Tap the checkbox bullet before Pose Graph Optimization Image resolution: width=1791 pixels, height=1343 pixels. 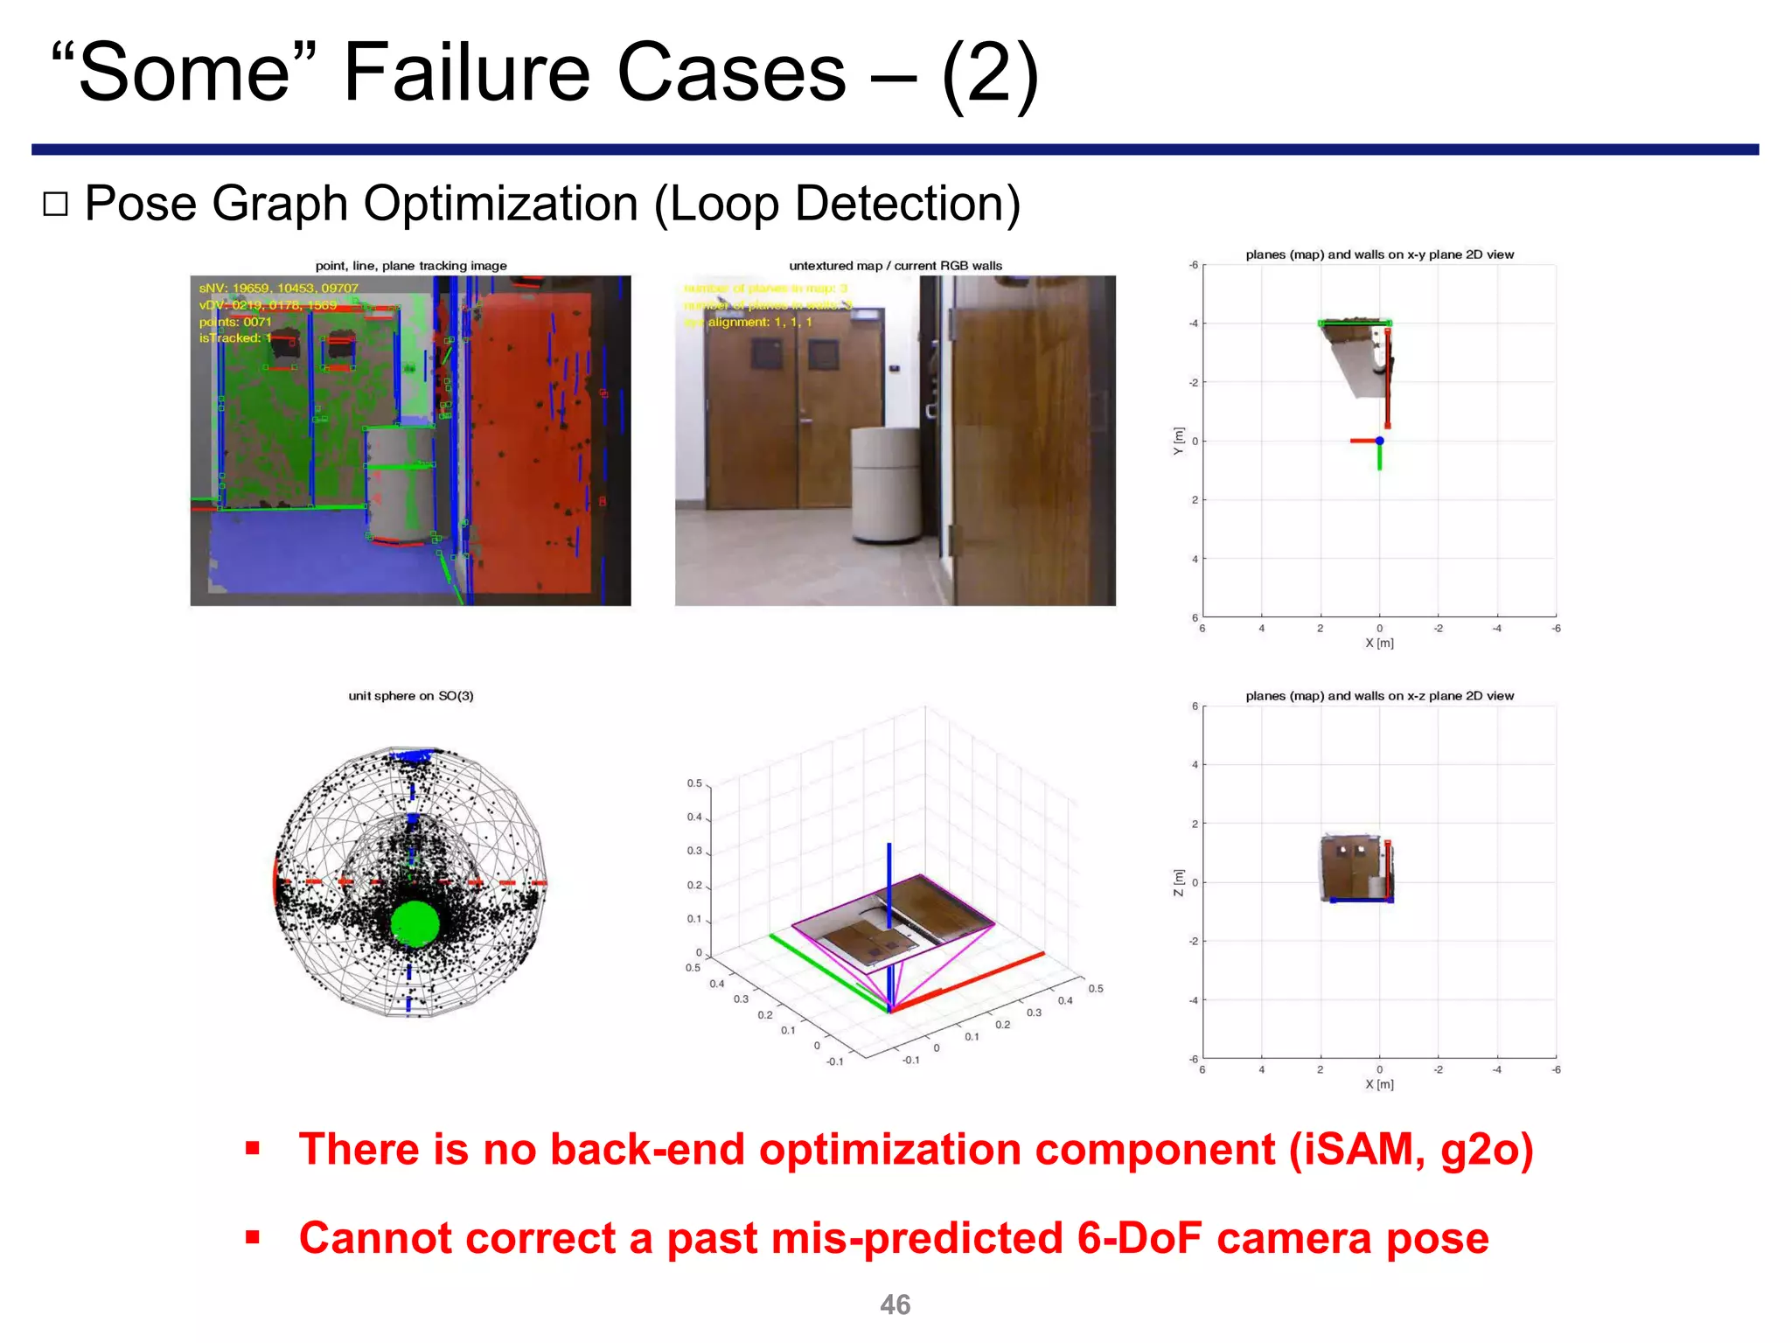(55, 204)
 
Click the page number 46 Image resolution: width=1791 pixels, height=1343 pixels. (895, 1305)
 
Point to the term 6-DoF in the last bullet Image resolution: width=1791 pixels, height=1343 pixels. (1139, 1238)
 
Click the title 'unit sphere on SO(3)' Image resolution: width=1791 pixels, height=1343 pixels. (411, 696)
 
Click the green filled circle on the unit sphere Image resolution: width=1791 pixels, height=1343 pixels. (415, 923)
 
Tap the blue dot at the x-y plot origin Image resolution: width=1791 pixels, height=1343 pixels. (1379, 441)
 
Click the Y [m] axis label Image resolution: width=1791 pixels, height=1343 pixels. (1178, 441)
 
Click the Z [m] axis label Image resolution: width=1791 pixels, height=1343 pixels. (1178, 882)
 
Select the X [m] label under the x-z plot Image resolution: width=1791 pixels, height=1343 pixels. (1379, 1084)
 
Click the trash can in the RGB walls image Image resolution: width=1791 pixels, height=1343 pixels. (886, 484)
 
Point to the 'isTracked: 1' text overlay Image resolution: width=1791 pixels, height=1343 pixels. (235, 338)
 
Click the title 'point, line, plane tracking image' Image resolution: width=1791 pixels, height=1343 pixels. (411, 266)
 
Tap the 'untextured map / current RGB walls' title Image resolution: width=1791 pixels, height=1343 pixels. (895, 266)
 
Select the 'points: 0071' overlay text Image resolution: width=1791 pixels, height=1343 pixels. (235, 322)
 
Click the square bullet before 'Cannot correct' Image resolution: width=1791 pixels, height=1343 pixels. (253, 1237)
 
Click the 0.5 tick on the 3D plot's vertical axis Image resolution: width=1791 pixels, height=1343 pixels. (694, 783)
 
